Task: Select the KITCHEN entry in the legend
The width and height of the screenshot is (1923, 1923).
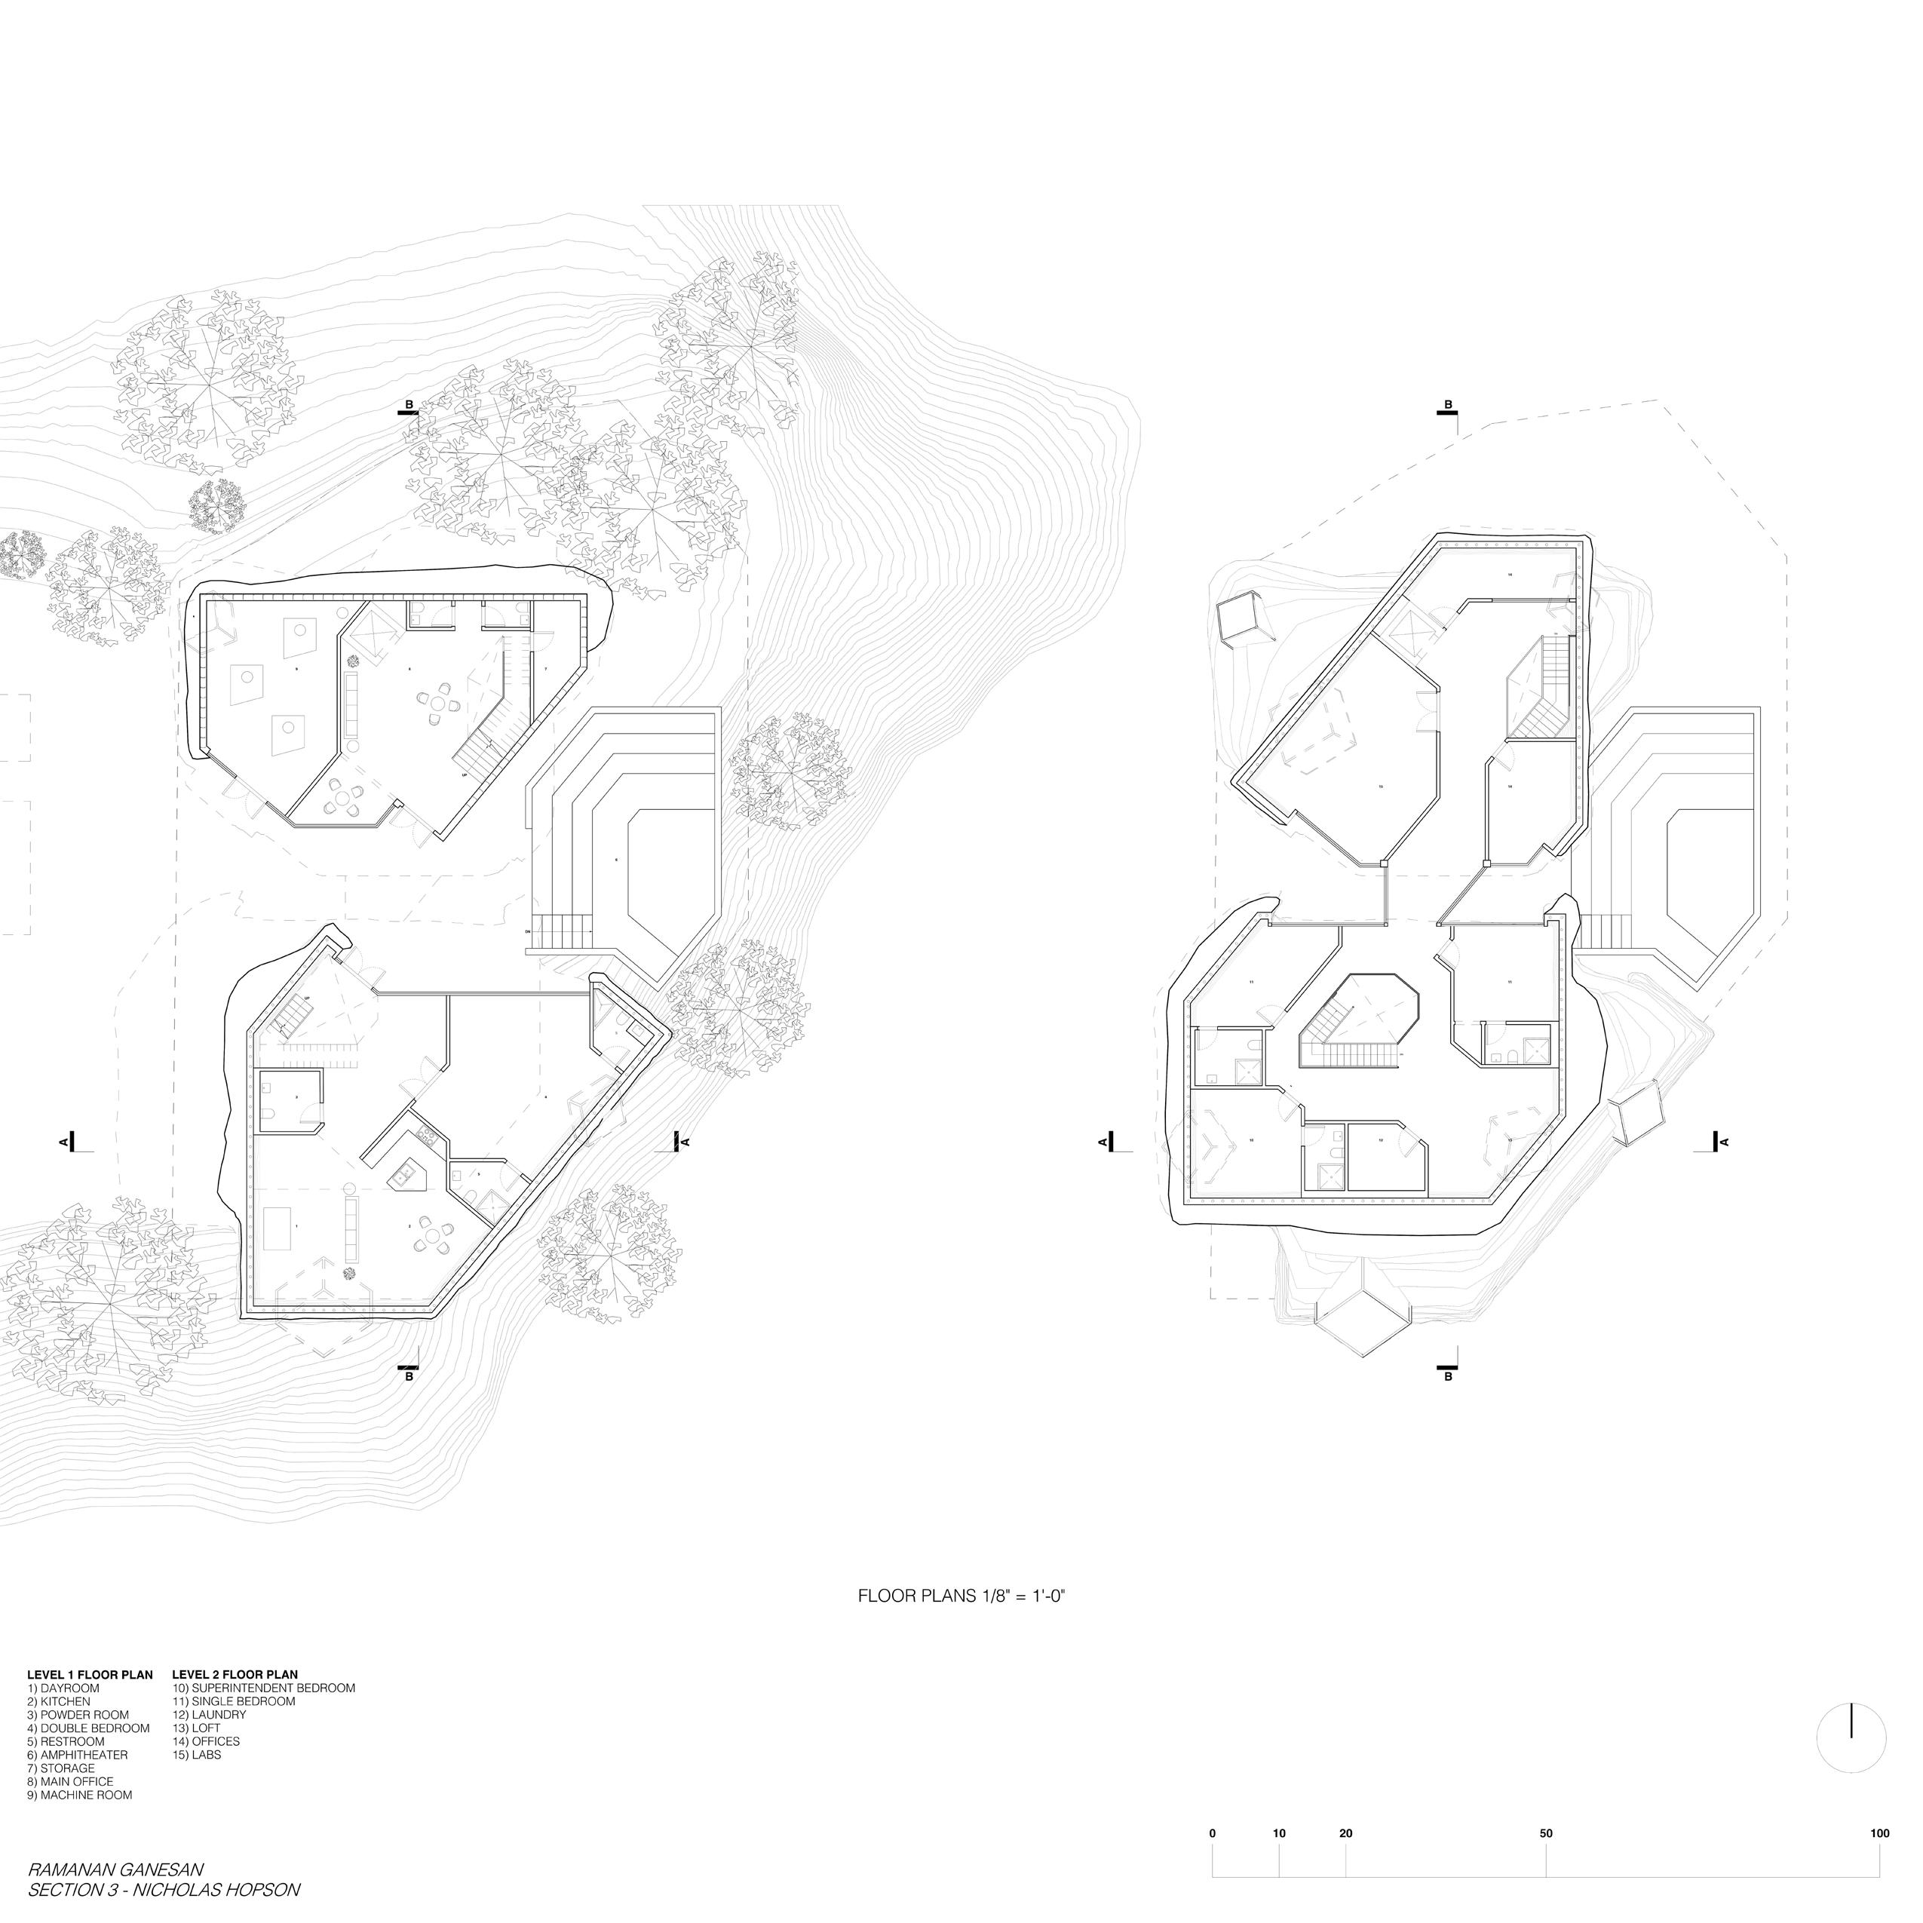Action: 59,1701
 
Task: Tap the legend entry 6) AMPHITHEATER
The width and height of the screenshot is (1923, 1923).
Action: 78,1755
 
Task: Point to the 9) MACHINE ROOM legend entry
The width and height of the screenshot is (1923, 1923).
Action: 80,1795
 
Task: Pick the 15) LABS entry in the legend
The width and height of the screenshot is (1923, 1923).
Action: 197,1755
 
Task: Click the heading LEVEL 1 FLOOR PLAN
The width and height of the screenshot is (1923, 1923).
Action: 90,1674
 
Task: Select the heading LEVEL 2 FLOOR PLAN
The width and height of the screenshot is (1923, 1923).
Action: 235,1674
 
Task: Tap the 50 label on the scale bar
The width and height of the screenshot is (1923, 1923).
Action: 1546,1833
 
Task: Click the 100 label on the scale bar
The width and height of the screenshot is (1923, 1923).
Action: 1879,1833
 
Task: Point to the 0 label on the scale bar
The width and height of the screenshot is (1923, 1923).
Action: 1213,1833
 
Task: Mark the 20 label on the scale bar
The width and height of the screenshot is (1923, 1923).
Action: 1345,1833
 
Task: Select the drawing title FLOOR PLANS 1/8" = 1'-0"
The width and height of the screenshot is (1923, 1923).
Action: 962,1594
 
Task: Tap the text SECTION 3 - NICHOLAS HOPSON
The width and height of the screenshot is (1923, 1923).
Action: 164,1888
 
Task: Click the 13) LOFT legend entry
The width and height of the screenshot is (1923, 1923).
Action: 196,1728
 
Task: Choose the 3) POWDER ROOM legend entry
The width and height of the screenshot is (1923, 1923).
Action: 78,1714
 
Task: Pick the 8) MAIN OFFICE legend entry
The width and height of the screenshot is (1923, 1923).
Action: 71,1782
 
